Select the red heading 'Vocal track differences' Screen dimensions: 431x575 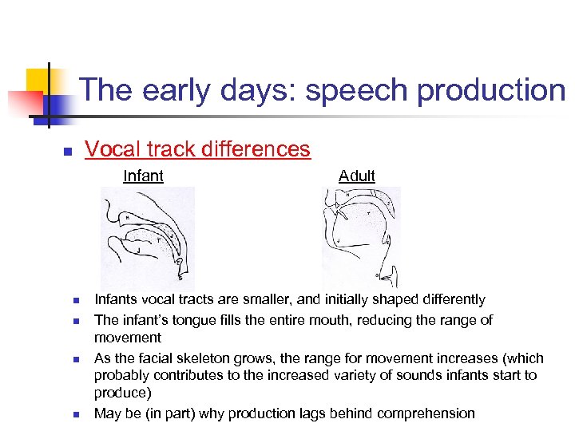click(x=197, y=149)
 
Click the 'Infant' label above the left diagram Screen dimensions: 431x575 click(x=143, y=176)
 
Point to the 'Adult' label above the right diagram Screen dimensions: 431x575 click(x=356, y=176)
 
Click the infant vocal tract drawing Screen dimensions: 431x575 click(x=147, y=237)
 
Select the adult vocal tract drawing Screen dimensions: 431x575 click(x=360, y=237)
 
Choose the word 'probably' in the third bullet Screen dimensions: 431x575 click(x=121, y=375)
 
